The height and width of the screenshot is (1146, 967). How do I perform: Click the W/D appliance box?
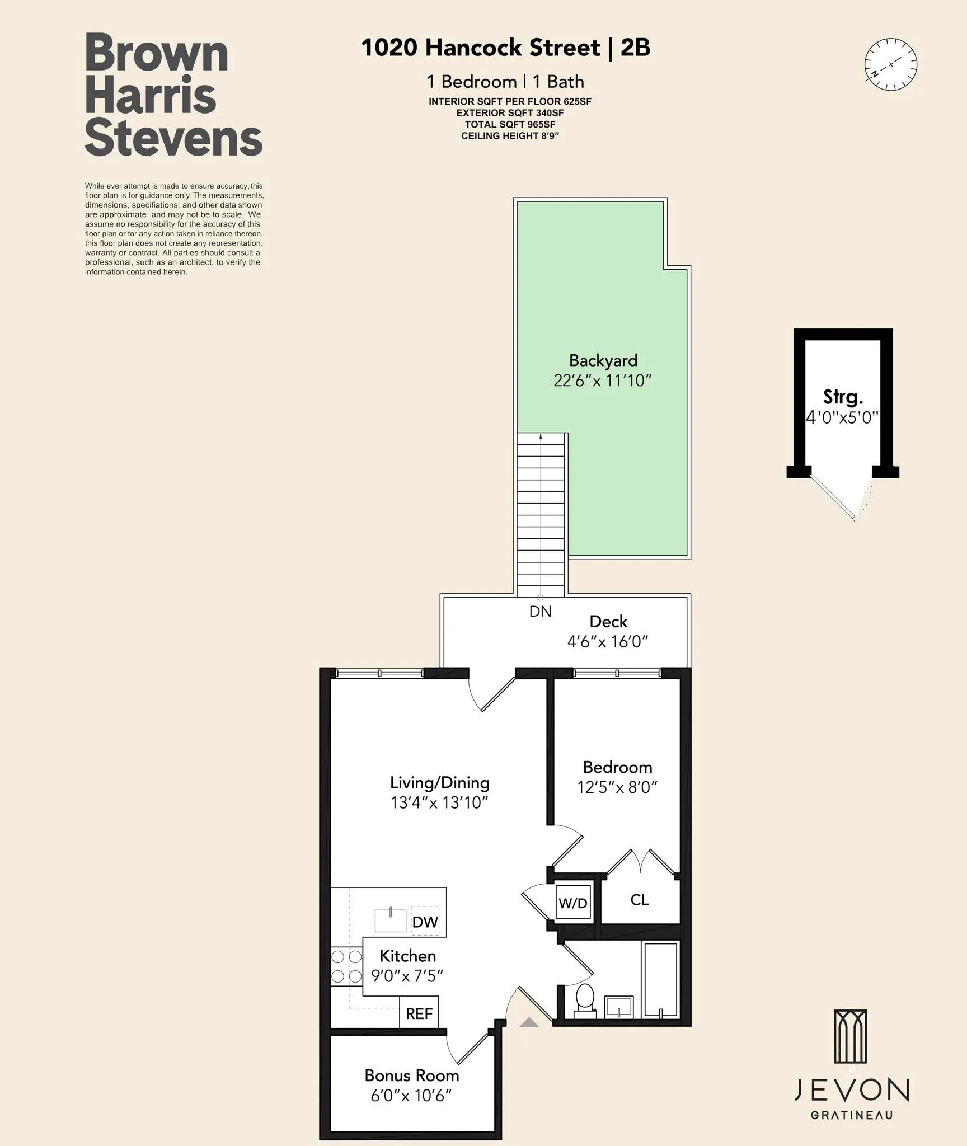[573, 902]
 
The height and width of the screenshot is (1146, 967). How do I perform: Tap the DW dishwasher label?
[425, 922]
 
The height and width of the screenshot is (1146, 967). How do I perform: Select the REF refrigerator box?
[419, 1013]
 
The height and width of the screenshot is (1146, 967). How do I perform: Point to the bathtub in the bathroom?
[661, 979]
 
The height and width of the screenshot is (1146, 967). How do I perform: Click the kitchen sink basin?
[390, 920]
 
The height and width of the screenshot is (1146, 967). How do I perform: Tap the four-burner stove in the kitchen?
[346, 966]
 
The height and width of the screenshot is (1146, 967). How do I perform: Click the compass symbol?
[890, 65]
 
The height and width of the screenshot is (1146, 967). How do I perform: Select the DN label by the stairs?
[540, 612]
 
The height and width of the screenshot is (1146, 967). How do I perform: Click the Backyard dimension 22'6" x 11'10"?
[603, 381]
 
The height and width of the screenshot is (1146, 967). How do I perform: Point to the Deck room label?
[608, 622]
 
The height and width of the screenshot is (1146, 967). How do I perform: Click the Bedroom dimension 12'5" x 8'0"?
[617, 787]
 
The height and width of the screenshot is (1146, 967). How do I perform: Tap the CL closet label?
[639, 900]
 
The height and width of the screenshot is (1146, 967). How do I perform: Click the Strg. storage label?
[843, 397]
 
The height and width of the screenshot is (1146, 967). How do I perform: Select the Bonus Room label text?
[411, 1075]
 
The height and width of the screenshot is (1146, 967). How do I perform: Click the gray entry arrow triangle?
[529, 1023]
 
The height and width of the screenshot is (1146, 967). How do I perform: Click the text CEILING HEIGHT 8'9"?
[510, 136]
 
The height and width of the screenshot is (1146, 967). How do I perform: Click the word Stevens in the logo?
[173, 139]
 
